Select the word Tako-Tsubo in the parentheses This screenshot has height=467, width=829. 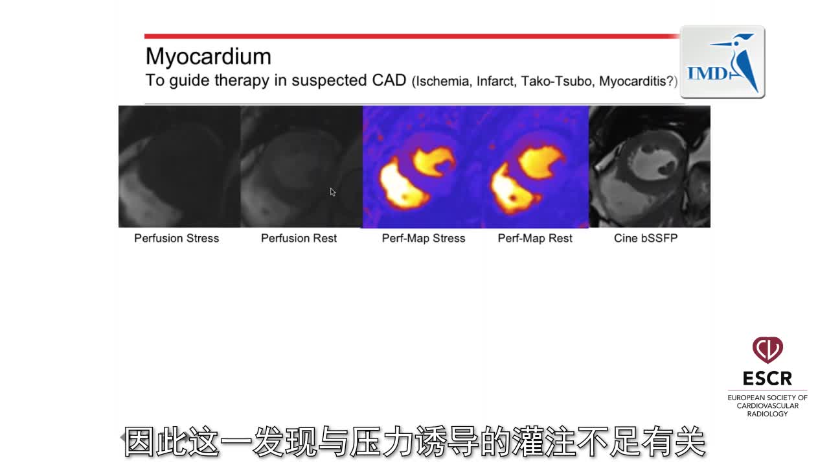[557, 81]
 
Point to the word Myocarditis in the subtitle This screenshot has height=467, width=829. [633, 81]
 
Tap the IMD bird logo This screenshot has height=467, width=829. [722, 62]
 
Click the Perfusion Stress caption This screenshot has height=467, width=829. [177, 238]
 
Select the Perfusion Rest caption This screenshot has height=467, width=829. [299, 238]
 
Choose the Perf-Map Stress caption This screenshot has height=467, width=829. [424, 238]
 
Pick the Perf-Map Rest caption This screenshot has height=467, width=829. [535, 238]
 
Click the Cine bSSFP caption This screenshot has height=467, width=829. [646, 238]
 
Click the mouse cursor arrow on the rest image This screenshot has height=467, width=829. [333, 191]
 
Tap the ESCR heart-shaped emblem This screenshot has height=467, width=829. [767, 350]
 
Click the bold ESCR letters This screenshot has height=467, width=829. [767, 378]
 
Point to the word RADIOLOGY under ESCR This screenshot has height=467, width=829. [767, 414]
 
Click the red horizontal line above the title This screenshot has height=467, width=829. [412, 36]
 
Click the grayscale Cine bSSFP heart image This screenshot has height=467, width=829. [650, 167]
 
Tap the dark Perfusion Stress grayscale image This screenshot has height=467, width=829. [179, 167]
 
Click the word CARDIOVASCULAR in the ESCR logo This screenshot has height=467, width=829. [767, 406]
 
